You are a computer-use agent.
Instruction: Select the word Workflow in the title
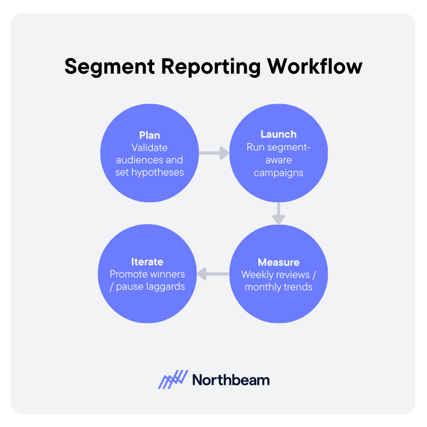pyautogui.click(x=316, y=67)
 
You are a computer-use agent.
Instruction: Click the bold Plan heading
pyautogui.click(x=149, y=135)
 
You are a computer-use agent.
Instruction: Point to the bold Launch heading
pyautogui.click(x=278, y=135)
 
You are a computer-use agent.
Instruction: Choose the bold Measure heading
pyautogui.click(x=278, y=262)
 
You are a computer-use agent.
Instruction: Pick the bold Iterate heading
pyautogui.click(x=147, y=262)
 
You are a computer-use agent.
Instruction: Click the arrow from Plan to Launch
pyautogui.click(x=213, y=154)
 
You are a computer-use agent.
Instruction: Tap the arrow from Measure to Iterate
pyautogui.click(x=213, y=274)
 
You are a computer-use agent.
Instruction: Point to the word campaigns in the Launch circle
pyautogui.click(x=278, y=172)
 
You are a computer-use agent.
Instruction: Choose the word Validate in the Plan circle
pyautogui.click(x=149, y=147)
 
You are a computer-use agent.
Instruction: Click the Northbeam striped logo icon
pyautogui.click(x=173, y=379)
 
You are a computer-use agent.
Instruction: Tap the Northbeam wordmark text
pyautogui.click(x=231, y=379)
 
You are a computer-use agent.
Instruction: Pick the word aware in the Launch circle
pyautogui.click(x=278, y=160)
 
